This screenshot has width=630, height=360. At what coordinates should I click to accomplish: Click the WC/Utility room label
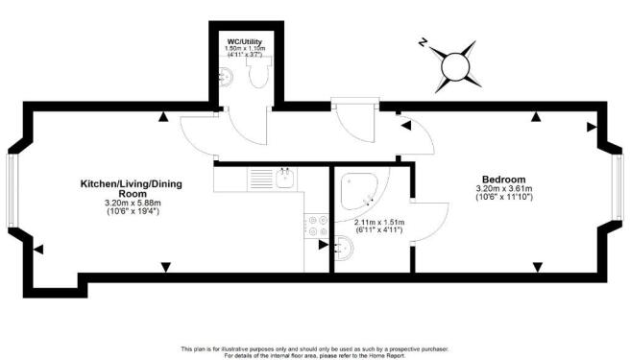click(x=244, y=41)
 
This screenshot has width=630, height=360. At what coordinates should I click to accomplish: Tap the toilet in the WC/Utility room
click(x=256, y=78)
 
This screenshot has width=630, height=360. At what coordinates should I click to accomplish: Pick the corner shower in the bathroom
click(x=358, y=192)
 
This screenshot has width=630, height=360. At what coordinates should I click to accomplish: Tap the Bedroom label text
click(x=503, y=180)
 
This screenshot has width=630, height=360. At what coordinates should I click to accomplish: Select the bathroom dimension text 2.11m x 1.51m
click(x=378, y=223)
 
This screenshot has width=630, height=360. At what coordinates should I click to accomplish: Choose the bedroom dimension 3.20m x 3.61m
click(x=503, y=189)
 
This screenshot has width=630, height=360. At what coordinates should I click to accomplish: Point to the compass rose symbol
click(x=454, y=66)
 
